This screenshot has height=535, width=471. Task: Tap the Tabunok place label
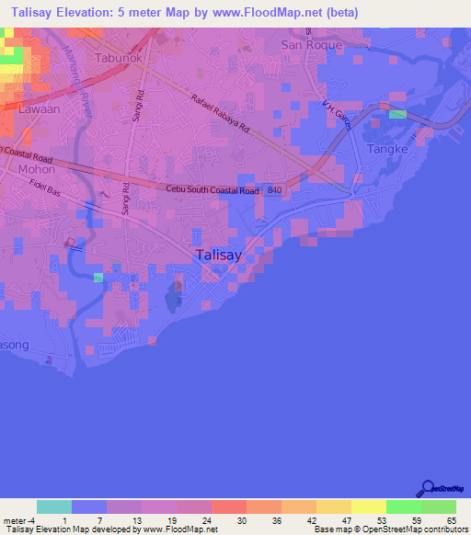click(119, 57)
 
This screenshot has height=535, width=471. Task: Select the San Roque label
click(311, 45)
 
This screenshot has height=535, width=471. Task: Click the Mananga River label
click(74, 79)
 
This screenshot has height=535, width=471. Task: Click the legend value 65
click(451, 520)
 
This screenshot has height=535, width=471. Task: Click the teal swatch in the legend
click(54, 507)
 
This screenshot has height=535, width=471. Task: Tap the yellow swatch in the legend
click(368, 507)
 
